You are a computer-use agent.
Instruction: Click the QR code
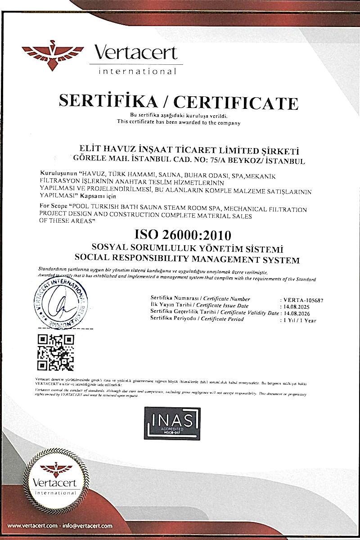click(x=55, y=352)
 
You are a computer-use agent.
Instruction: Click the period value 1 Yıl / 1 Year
click(x=300, y=320)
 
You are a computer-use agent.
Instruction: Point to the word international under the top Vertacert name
click(x=138, y=71)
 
